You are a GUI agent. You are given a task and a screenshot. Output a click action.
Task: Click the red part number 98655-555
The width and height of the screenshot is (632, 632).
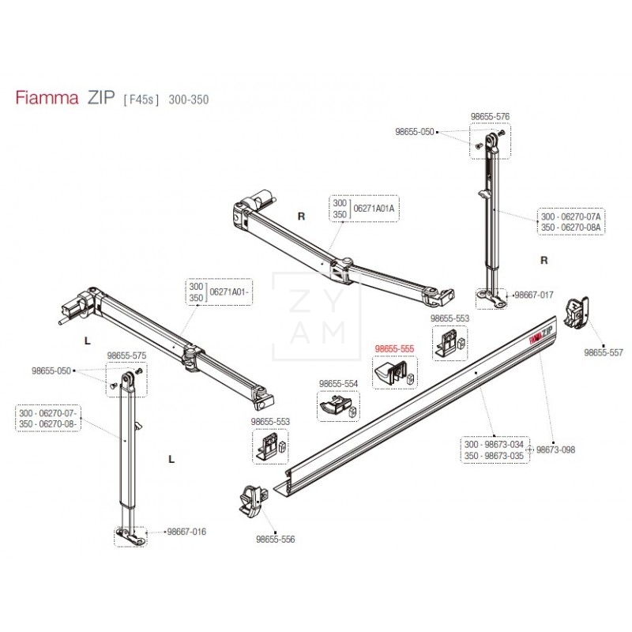[394, 348]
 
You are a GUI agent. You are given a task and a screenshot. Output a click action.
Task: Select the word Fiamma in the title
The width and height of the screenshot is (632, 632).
[47, 99]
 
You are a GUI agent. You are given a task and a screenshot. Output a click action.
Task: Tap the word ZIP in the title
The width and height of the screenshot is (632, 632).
[100, 99]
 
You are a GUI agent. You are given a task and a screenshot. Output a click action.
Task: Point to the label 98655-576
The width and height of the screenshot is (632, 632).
[490, 116]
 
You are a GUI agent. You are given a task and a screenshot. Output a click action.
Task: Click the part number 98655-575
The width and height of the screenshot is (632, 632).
[127, 357]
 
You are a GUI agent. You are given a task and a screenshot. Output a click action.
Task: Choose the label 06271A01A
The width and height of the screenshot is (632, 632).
[374, 208]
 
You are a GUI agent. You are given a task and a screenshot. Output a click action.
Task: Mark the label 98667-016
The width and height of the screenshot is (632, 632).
[186, 532]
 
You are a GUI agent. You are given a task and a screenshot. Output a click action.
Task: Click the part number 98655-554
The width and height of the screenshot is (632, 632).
[338, 383]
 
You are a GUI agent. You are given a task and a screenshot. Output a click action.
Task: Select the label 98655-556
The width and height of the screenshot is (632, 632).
[276, 540]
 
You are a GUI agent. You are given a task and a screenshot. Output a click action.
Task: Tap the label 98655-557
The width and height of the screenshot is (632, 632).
[603, 353]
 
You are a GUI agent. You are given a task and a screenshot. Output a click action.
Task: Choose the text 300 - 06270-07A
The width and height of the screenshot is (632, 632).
[571, 216]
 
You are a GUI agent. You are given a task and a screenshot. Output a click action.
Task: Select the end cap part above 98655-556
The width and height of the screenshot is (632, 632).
[250, 501]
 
